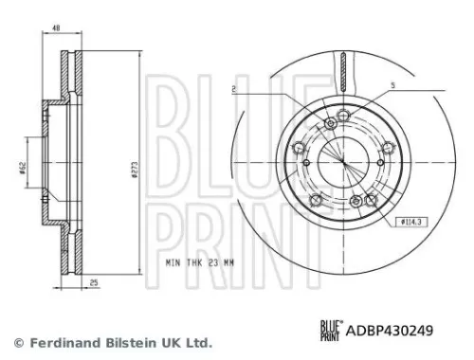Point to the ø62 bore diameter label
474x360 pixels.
coord(21,168)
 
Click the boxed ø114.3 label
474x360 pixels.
coord(410,221)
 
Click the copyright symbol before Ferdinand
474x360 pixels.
coord(16,342)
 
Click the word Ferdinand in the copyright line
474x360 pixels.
coord(59,342)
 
